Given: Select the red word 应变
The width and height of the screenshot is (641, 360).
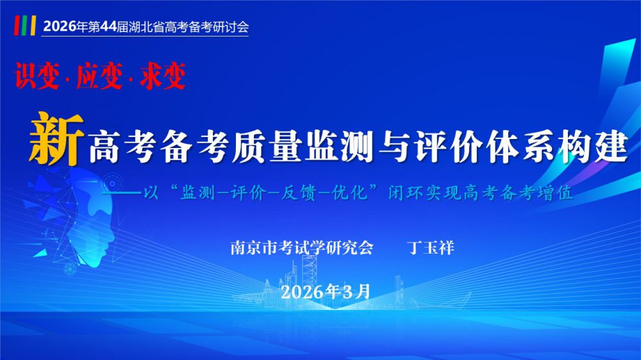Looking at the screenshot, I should click(x=97, y=76).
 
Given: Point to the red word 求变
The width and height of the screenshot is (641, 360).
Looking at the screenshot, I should click(x=163, y=76).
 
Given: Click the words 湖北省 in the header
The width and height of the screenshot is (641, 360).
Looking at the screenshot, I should click(x=139, y=28).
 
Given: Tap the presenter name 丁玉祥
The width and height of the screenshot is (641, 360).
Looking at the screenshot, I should click(x=431, y=248).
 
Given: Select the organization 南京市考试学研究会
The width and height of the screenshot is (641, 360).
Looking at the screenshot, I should click(x=301, y=248).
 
